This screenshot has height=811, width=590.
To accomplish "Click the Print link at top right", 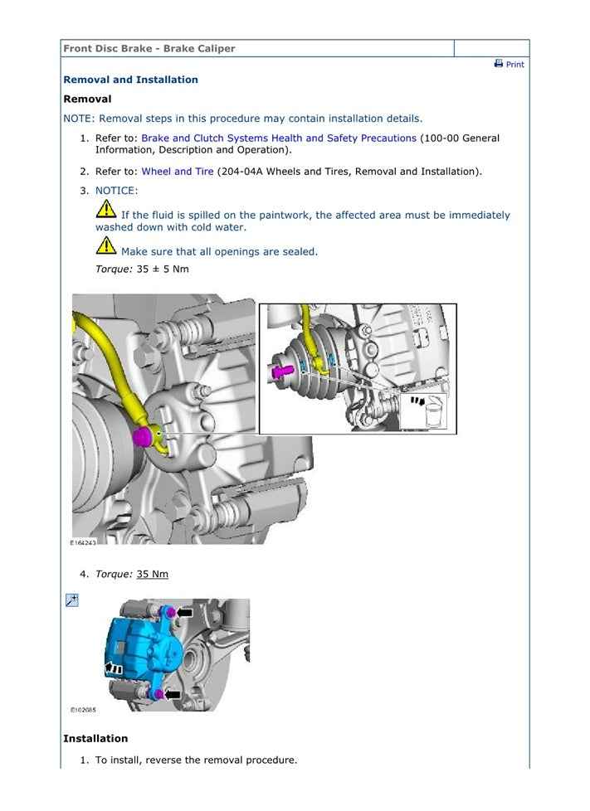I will (515, 65).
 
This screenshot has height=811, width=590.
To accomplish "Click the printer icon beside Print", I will (499, 64).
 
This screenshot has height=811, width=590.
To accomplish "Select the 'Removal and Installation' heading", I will (130, 80).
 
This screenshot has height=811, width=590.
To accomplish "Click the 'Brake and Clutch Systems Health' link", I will (278, 138).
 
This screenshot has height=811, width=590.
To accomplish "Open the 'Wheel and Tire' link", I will (177, 172).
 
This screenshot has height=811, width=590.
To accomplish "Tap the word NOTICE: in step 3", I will (116, 191).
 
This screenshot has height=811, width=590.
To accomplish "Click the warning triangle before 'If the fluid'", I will (105, 211).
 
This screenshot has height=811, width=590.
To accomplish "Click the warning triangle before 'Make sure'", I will (105, 246).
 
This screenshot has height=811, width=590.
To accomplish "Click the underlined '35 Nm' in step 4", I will (152, 574).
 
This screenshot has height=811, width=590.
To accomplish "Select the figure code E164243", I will (83, 542).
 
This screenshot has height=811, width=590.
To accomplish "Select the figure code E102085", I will (83, 710).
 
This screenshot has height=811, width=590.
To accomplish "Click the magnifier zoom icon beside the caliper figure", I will (71, 600).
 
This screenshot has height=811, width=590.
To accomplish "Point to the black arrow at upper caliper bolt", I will (184, 613).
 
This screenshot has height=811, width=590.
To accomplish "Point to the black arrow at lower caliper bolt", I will (173, 694).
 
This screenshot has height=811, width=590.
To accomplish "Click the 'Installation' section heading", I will (95, 738).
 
